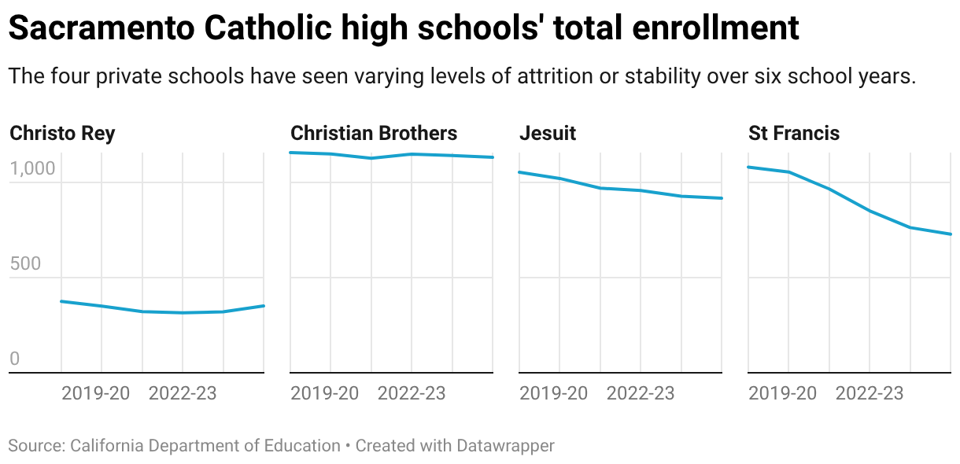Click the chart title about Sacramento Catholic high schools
pos(403,29)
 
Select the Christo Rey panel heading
pos(62,133)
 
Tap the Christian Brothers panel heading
pos(374,133)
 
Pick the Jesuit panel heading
pos(548,133)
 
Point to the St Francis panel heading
pos(794,133)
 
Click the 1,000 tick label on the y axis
pos(32,169)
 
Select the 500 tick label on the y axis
pos(24,263)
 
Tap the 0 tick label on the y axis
pos(14,359)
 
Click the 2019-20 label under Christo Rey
pos(95,393)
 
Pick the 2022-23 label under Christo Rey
pos(183,393)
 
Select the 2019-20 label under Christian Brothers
pos(324,393)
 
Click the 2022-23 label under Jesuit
pos(641,393)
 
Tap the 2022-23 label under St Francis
pos(870,393)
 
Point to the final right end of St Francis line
pos(951,234)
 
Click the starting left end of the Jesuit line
pos(520,172)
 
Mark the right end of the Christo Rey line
pos(264,306)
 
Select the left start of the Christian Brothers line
pos(291,153)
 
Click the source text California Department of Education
pos(205,446)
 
